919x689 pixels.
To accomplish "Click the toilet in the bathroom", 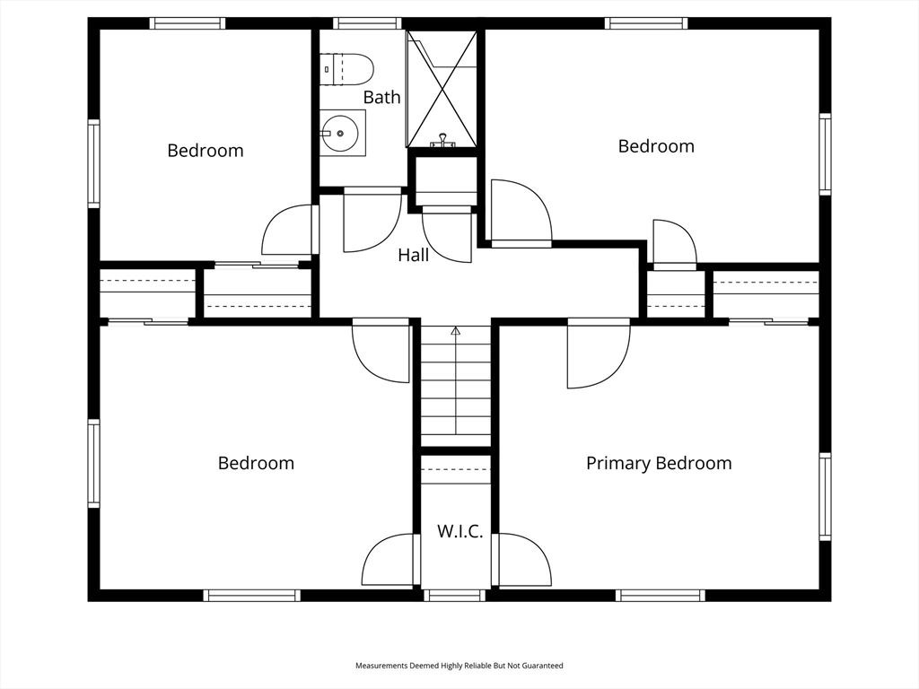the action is pos(346,69).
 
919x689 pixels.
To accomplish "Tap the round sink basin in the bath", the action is pos(340,133).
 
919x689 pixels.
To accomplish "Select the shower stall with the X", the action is pos(442,89).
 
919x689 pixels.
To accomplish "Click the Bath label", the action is pos(381,97).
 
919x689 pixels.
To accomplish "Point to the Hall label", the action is pos(413,255).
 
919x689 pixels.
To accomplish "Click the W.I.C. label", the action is pos(460,531).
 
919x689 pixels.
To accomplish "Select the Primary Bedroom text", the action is pos(659,464).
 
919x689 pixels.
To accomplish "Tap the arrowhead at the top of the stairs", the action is pos(455,331).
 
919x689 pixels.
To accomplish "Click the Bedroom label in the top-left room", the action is pos(206,151).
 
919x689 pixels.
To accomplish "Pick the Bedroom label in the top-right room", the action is pos(656,146).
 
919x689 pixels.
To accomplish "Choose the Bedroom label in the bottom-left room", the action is pos(256,464).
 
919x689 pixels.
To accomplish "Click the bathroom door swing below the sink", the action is pos(372,221).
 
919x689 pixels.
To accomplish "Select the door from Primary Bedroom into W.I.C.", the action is pos(521,560).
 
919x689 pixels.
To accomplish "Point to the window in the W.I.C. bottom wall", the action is pos(455,596).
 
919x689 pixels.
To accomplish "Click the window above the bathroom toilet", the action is pos(368,23).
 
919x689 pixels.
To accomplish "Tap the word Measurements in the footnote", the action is pos(381,666).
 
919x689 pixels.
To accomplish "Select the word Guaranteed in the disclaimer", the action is pos(545,666).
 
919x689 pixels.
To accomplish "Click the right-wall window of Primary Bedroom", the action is pos(825,497).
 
